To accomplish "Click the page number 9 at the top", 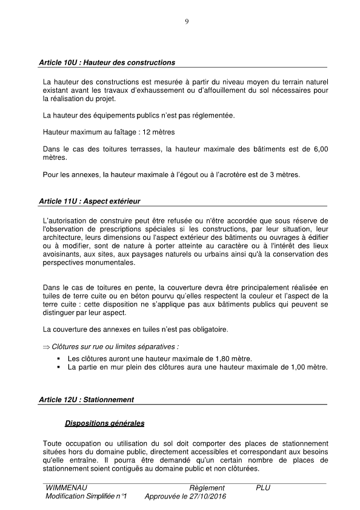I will tap(187, 22).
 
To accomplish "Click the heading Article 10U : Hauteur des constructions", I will tap(107, 62).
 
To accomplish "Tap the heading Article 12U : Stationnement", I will tap(86, 400).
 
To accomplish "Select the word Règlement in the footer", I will tap(207, 488).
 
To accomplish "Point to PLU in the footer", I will tap(263, 488).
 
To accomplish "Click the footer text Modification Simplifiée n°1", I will tap(85, 497).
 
